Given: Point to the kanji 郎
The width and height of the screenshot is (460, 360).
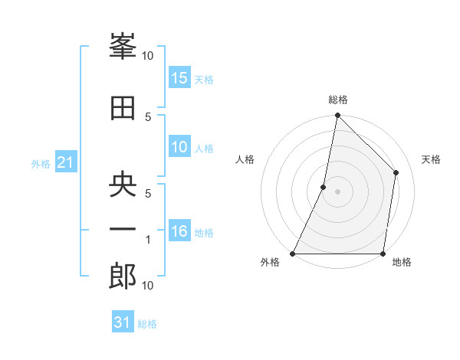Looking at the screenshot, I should coord(123,277).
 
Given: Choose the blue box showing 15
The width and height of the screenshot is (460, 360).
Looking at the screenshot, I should coord(179,78).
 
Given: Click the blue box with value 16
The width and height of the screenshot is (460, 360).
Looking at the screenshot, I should coord(179,231).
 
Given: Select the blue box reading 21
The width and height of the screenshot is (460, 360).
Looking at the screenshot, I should coord(66,162).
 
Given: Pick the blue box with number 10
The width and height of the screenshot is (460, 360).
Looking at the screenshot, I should coord(179,147).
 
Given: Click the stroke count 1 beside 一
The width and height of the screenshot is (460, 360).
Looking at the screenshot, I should coord(149,240).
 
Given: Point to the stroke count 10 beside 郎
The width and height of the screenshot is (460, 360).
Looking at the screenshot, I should coord(147,286).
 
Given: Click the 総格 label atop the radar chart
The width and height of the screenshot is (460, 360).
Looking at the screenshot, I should coord(337,100).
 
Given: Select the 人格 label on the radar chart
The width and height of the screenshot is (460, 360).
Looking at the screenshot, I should coord(245,159).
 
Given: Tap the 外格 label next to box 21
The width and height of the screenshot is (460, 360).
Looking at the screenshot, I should coord(40,163).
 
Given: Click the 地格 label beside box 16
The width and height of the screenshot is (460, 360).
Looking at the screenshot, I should coord(204,232).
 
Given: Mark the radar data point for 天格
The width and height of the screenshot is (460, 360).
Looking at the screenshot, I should coord(396,172).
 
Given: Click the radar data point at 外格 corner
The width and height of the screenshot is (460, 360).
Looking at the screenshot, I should coord(293,254).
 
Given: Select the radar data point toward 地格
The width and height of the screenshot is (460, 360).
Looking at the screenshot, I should coord(383,254).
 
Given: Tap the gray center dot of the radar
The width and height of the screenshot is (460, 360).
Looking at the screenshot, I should coord(337,191).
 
